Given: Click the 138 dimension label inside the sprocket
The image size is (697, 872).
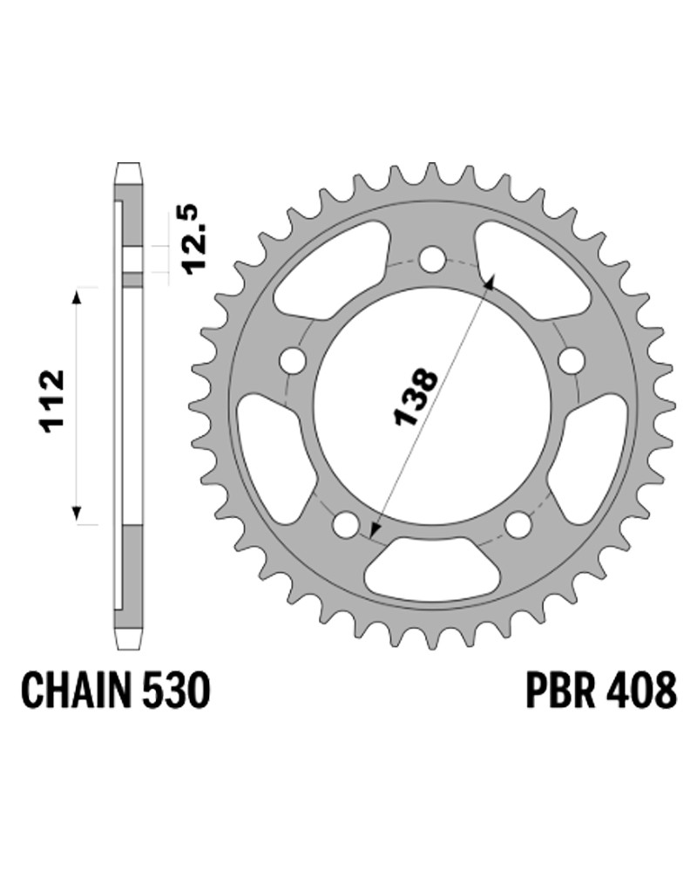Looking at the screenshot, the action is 416,396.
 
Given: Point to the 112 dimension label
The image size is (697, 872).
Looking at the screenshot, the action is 51,400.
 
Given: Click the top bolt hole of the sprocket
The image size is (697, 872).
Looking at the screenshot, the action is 432,259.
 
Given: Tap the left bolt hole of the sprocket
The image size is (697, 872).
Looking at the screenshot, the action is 294,359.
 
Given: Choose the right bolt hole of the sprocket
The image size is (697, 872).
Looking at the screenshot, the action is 571,359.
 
